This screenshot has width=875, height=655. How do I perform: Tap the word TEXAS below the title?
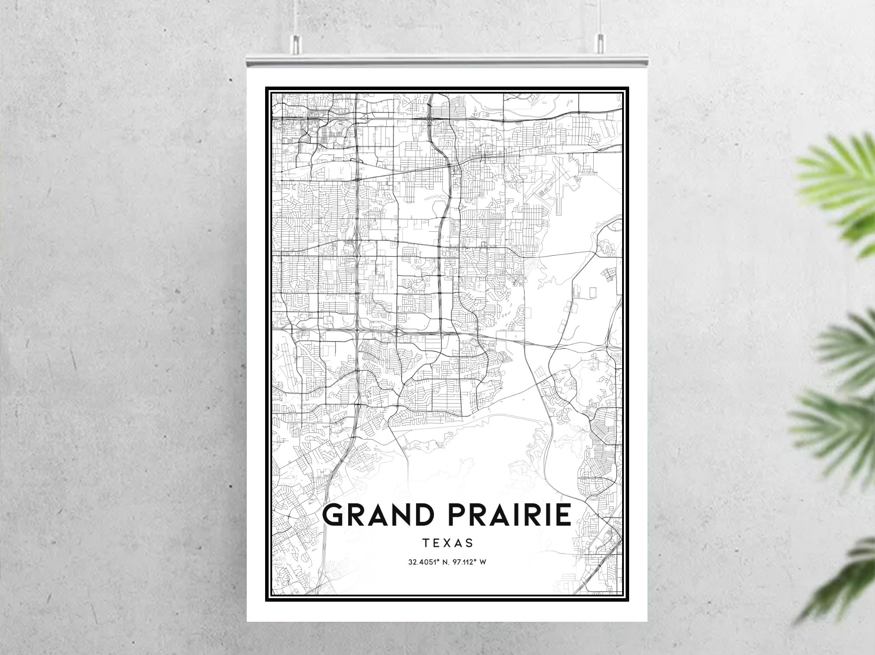pos(448,543)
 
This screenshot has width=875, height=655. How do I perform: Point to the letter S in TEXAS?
pos(470,543)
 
